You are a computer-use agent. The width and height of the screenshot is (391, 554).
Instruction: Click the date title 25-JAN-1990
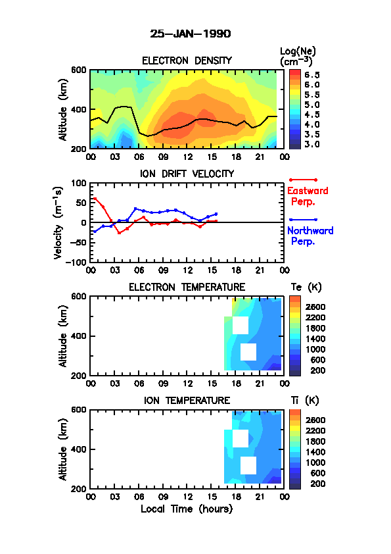click(x=190, y=34)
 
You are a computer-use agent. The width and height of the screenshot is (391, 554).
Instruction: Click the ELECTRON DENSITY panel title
click(x=187, y=61)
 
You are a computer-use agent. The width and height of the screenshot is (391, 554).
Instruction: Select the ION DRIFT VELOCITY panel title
click(x=187, y=174)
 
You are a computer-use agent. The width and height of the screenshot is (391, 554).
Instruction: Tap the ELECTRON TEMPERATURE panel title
click(x=187, y=287)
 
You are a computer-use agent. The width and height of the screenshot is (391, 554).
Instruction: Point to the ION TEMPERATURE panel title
click(x=187, y=400)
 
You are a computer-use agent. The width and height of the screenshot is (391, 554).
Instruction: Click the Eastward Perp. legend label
click(x=308, y=196)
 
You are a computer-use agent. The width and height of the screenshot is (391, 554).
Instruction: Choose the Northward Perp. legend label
click(x=310, y=236)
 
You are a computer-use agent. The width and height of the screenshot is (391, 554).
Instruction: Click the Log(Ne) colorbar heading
click(x=298, y=57)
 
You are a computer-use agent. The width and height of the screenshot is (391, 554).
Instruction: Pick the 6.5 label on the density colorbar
click(x=312, y=75)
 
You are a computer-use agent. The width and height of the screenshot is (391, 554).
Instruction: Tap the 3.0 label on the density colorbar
click(x=312, y=144)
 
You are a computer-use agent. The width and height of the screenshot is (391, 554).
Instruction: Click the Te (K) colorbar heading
click(x=306, y=288)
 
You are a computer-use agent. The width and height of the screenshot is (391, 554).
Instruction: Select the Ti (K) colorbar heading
click(x=305, y=401)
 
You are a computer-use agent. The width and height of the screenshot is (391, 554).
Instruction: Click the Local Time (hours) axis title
click(x=187, y=509)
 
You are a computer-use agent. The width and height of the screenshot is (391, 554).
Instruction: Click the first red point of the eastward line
click(x=95, y=199)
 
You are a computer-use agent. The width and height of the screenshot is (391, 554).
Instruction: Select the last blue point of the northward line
click(x=216, y=214)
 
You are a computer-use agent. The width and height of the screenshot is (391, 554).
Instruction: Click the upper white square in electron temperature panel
click(x=241, y=326)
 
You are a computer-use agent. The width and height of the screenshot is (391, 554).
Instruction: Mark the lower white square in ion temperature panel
click(x=248, y=465)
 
